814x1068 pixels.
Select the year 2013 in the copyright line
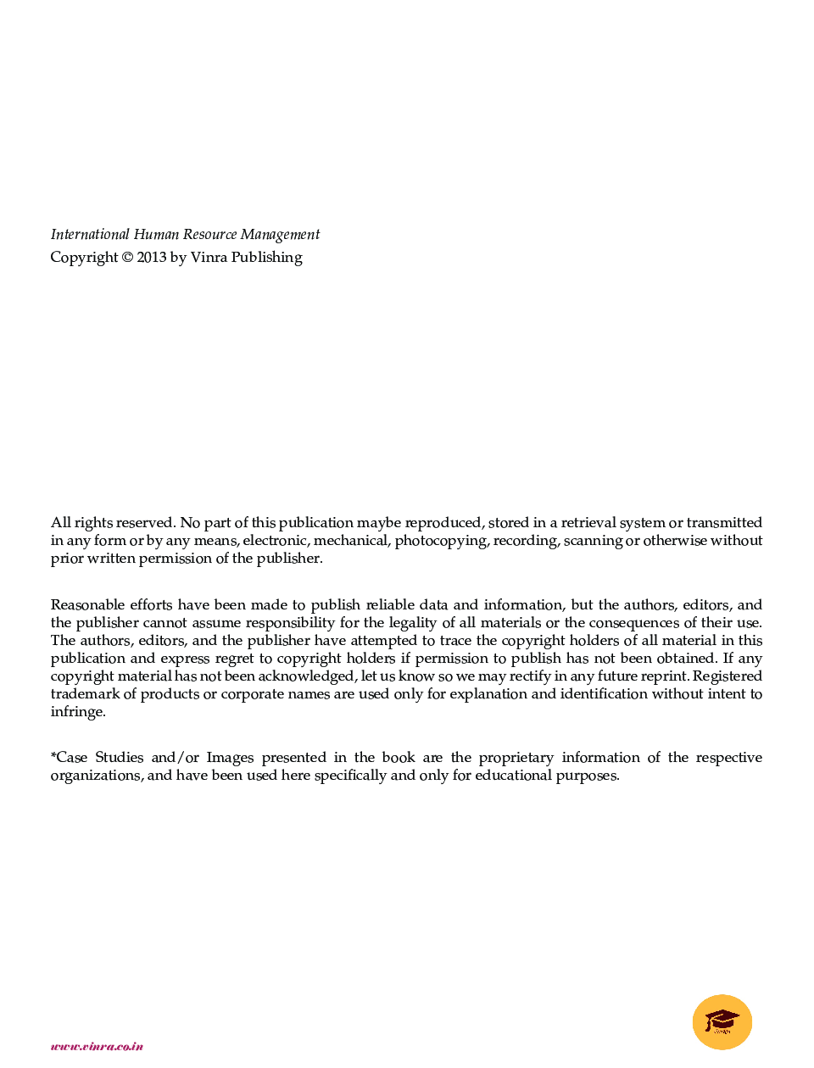tap(152, 258)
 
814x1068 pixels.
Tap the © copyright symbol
tap(127, 258)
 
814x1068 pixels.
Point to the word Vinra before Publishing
tap(209, 258)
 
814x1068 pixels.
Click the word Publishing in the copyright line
tap(266, 258)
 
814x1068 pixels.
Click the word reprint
tap(664, 676)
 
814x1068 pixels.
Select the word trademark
tap(85, 694)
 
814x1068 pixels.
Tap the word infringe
tap(78, 712)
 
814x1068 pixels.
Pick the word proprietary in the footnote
tap(516, 758)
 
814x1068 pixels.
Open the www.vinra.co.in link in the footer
tap(97, 1047)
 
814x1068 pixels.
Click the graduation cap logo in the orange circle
tap(722, 1021)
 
